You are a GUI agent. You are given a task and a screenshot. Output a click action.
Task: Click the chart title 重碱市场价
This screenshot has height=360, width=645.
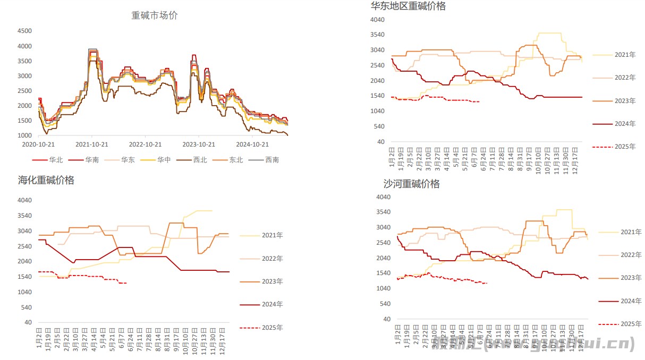pos(155,15)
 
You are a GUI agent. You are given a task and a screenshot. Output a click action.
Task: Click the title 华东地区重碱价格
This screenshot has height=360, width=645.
pos(408,6)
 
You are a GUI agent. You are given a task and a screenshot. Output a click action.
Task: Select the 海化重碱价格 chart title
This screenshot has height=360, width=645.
pos(46,181)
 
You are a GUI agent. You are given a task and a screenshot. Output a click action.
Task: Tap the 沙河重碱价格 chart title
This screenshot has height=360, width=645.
pos(412,184)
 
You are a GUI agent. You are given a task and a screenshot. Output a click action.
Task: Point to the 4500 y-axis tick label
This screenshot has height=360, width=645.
pos(25,31)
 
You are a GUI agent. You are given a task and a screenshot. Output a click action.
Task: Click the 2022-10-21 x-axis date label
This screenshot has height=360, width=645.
pos(145,144)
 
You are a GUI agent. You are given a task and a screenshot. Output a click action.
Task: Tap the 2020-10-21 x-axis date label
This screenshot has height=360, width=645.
pos(38,144)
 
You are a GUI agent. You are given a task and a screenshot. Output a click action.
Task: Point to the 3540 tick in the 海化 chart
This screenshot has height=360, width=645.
pos(24,216)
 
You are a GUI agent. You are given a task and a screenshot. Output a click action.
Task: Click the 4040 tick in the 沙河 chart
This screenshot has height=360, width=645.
pos(383,197)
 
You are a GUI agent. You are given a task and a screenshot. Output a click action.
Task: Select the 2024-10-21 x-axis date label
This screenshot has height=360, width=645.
pos(252,144)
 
